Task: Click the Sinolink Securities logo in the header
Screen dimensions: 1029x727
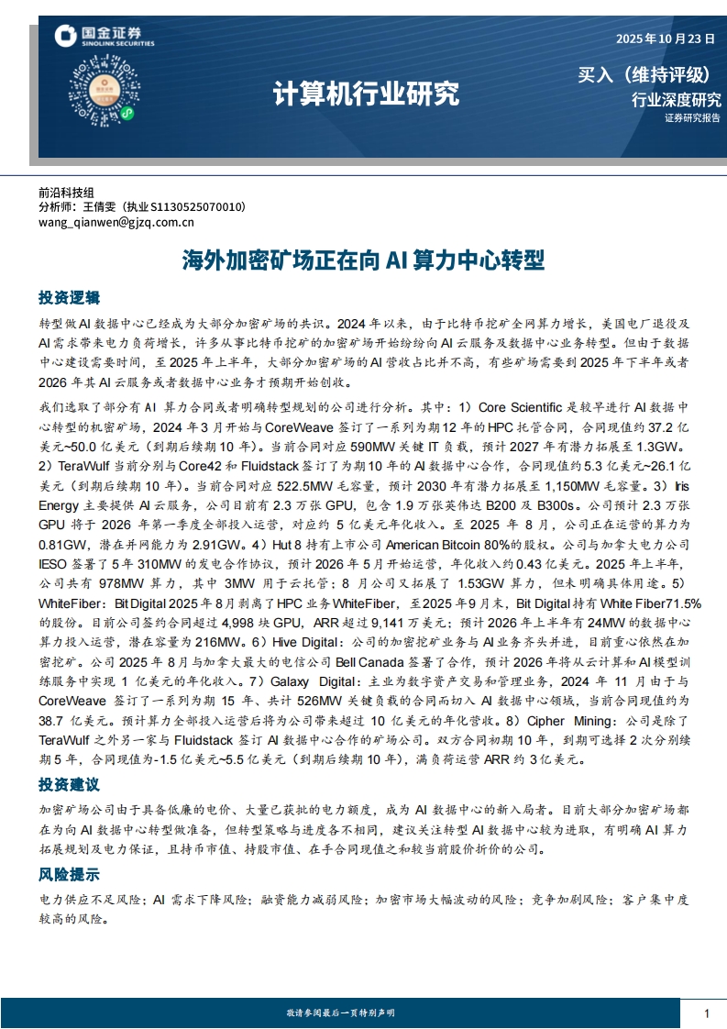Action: pos(104,37)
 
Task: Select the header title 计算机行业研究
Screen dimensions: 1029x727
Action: pos(366,94)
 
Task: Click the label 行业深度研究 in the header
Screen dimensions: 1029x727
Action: pos(677,100)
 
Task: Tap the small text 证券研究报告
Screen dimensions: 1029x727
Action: pos(692,118)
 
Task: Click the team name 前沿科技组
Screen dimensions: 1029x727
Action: pos(66,194)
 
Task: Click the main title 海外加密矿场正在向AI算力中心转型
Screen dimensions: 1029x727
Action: pos(363,261)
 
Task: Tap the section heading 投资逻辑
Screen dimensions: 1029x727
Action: pos(69,298)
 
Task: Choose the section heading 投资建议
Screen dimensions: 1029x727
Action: pos(69,785)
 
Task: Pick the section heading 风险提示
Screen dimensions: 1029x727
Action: pos(69,874)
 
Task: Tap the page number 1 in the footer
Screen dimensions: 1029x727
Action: pos(707,1013)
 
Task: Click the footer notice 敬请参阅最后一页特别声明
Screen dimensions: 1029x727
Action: pos(340,1012)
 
